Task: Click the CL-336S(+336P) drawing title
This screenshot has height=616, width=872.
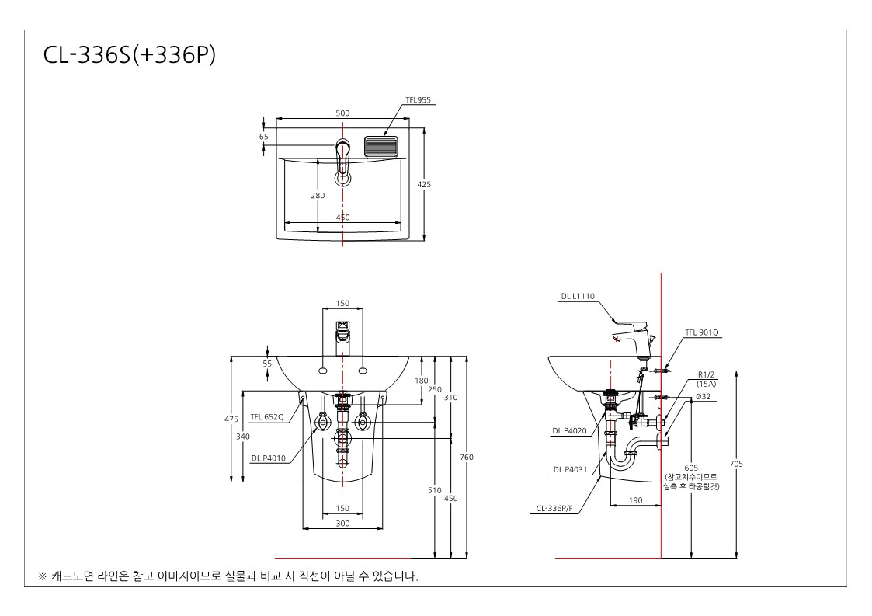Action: click(x=130, y=55)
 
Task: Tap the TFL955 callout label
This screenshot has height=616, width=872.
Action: click(x=419, y=100)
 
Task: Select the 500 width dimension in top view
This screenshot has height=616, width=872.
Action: click(x=342, y=113)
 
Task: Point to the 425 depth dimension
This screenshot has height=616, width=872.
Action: click(x=424, y=184)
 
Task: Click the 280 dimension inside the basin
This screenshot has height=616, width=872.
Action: click(x=318, y=195)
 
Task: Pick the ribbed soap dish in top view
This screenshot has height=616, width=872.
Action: click(x=381, y=146)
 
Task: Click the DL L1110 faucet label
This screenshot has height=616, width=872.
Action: click(x=578, y=297)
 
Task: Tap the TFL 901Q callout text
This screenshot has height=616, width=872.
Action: click(x=701, y=332)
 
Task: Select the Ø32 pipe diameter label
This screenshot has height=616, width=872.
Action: click(x=703, y=397)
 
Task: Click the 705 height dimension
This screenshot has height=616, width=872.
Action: click(x=736, y=464)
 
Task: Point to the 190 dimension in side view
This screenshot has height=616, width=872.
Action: click(x=635, y=500)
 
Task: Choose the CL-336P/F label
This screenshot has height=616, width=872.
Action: click(x=554, y=508)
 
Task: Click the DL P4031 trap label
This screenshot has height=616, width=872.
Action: click(x=570, y=470)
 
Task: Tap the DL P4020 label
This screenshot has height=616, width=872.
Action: click(x=569, y=430)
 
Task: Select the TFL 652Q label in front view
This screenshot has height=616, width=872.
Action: click(x=267, y=417)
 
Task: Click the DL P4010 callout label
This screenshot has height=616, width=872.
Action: click(x=268, y=458)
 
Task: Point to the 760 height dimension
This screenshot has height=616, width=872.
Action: click(x=467, y=457)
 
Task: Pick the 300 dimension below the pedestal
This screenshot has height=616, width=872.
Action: click(x=342, y=523)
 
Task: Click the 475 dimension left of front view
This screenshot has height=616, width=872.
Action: click(x=231, y=419)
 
